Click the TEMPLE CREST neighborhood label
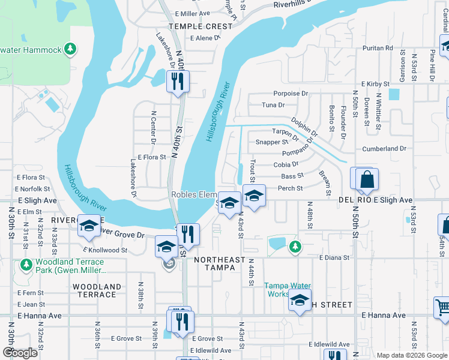pos(200,26)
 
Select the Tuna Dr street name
pos(273,105)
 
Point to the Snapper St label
pos(271,142)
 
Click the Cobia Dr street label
pos(286,164)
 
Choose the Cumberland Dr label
pos(384,148)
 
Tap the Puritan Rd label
pos(381,48)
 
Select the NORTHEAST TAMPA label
pos(220,264)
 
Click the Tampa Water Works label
pos(286,290)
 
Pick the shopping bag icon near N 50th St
pos(367,179)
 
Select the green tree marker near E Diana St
pos(295,245)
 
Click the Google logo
pos(20,353)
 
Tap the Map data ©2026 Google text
pos(411,355)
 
